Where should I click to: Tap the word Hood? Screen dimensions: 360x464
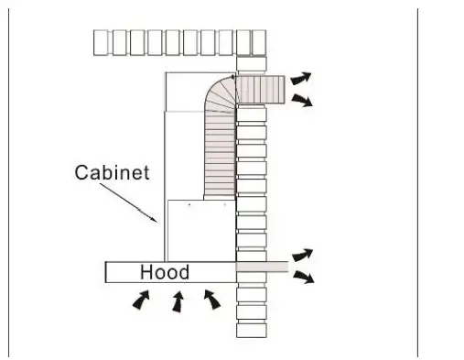pyautogui.click(x=165, y=272)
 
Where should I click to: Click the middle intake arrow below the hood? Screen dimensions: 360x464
pyautogui.click(x=178, y=301)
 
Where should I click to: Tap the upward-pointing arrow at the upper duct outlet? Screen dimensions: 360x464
pyautogui.click(x=300, y=77)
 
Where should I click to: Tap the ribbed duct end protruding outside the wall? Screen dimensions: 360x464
pyautogui.click(x=265, y=89)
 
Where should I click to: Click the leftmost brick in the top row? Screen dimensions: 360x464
pyautogui.click(x=103, y=42)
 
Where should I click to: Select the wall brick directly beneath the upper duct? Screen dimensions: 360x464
pyautogui.click(x=251, y=113)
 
